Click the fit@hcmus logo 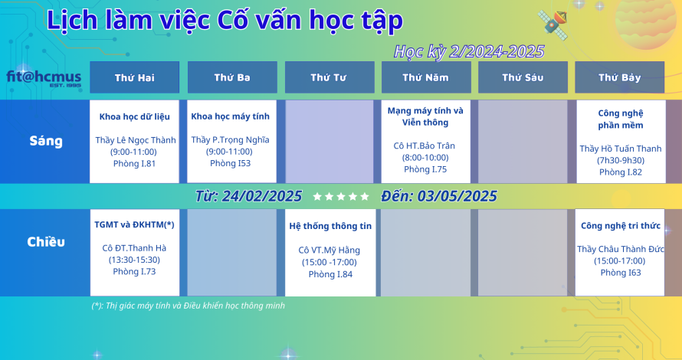[x=44, y=78]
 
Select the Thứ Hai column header [x=134, y=77]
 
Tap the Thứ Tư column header [x=330, y=77]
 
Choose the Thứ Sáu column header [x=523, y=77]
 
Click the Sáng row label [x=46, y=141]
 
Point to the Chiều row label [x=46, y=242]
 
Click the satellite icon [x=552, y=25]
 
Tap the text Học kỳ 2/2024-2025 [x=469, y=52]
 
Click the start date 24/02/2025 [x=262, y=197]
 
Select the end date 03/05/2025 [x=457, y=197]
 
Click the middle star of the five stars [x=341, y=197]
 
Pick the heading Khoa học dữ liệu [x=134, y=116]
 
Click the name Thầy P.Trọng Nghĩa [x=230, y=139]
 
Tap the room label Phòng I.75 [x=425, y=169]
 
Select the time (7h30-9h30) [x=621, y=160]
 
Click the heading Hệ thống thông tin [x=330, y=226]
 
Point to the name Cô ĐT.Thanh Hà [x=134, y=248]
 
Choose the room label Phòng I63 [x=621, y=273]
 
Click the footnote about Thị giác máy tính [x=189, y=306]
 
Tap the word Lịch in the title [x=72, y=21]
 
